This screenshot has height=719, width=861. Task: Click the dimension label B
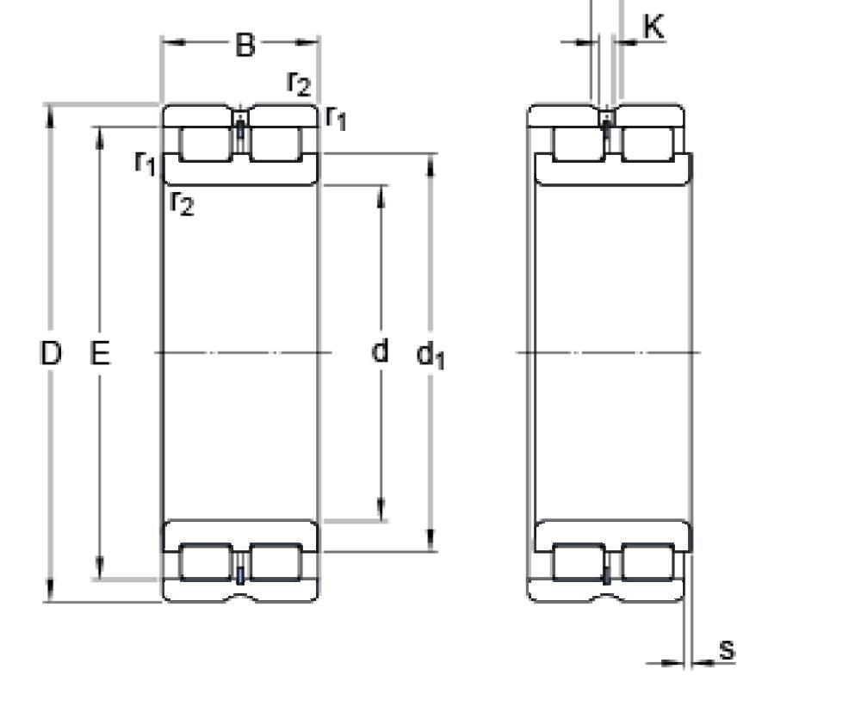[245, 45]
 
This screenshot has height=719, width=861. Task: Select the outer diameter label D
[52, 353]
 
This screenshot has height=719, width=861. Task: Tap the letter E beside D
[101, 353]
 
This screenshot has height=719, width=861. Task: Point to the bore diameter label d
[380, 351]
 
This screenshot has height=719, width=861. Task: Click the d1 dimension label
[430, 354]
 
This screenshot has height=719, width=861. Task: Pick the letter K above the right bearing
[653, 28]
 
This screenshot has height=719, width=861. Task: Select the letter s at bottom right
[728, 650]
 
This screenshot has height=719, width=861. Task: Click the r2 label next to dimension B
[299, 83]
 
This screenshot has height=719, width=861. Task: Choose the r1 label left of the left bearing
[146, 161]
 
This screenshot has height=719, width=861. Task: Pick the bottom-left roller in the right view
[578, 562]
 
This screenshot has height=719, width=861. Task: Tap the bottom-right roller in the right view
[647, 562]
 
